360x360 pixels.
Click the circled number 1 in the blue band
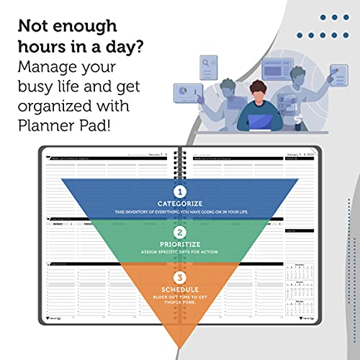coord(181,192)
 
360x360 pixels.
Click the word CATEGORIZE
coord(181,204)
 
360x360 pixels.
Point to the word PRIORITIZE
coord(181,243)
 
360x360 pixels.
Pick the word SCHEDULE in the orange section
coord(181,288)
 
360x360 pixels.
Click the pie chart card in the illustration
coord(186,93)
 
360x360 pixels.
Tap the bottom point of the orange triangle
coord(181,344)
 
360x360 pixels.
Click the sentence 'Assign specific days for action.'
coord(181,252)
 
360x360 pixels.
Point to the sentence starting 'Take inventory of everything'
coord(181,212)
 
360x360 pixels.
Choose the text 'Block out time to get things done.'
coord(181,300)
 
